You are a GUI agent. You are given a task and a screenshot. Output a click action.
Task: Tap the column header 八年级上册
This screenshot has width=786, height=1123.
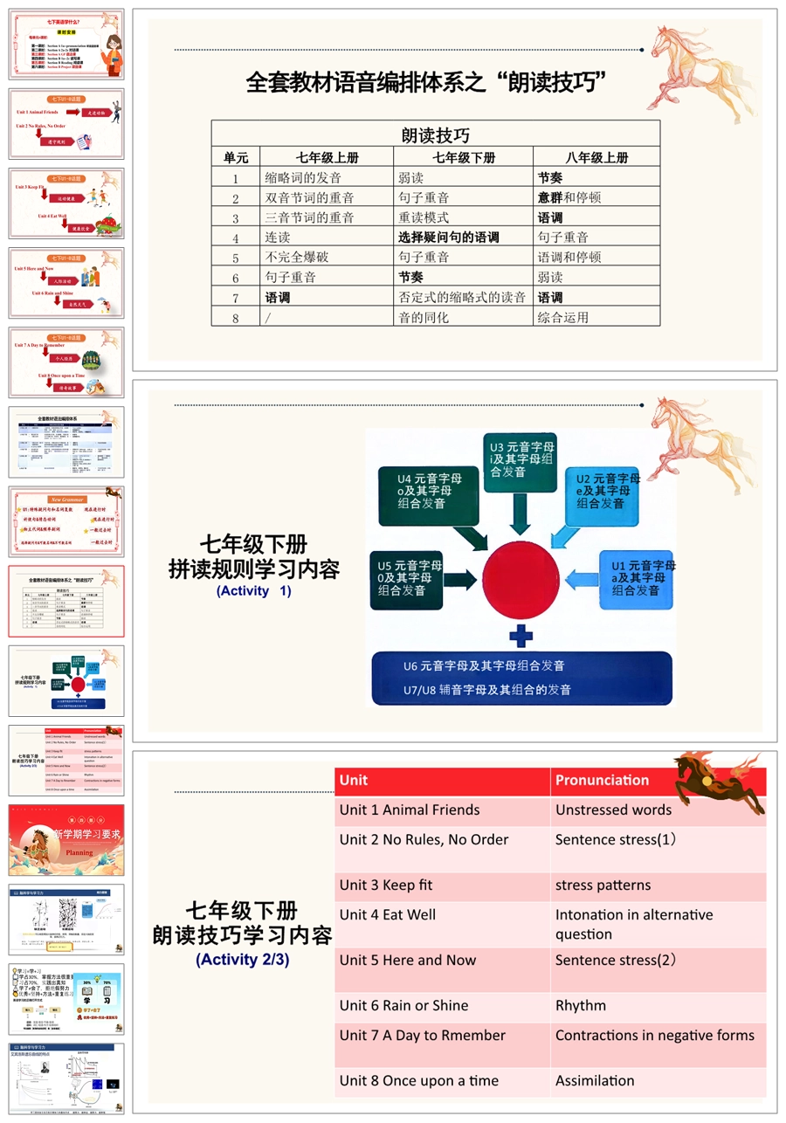coord(596,158)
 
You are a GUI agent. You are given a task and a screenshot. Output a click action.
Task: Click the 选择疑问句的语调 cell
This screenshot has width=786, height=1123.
coord(449,238)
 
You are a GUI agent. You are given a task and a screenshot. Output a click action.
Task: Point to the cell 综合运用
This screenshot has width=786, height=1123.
coord(563,318)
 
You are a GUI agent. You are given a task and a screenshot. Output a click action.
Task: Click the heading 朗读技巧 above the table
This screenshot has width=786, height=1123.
coord(435,135)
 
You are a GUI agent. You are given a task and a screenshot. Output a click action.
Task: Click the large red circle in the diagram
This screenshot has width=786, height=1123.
coord(522,577)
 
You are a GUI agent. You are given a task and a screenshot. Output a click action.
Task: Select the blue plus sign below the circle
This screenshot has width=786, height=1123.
coord(521,634)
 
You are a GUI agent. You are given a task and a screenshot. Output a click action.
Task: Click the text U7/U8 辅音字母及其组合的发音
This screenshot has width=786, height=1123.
coord(487,690)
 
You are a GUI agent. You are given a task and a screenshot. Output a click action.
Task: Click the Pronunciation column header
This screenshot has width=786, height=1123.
coord(603,781)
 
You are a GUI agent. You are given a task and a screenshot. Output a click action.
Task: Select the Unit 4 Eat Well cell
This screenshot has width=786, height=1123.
coord(388,915)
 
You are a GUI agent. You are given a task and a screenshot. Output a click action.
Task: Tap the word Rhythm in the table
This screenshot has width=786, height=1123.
coord(581,1006)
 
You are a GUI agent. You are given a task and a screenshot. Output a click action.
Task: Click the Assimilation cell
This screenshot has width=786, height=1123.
coord(595,1081)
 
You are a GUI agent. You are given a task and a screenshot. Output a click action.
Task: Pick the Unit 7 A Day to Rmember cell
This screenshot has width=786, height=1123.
coord(423,1036)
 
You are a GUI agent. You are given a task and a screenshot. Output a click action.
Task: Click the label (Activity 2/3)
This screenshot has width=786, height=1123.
coord(242,959)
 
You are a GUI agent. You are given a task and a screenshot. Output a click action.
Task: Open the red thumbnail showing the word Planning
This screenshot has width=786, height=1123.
coord(66,840)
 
